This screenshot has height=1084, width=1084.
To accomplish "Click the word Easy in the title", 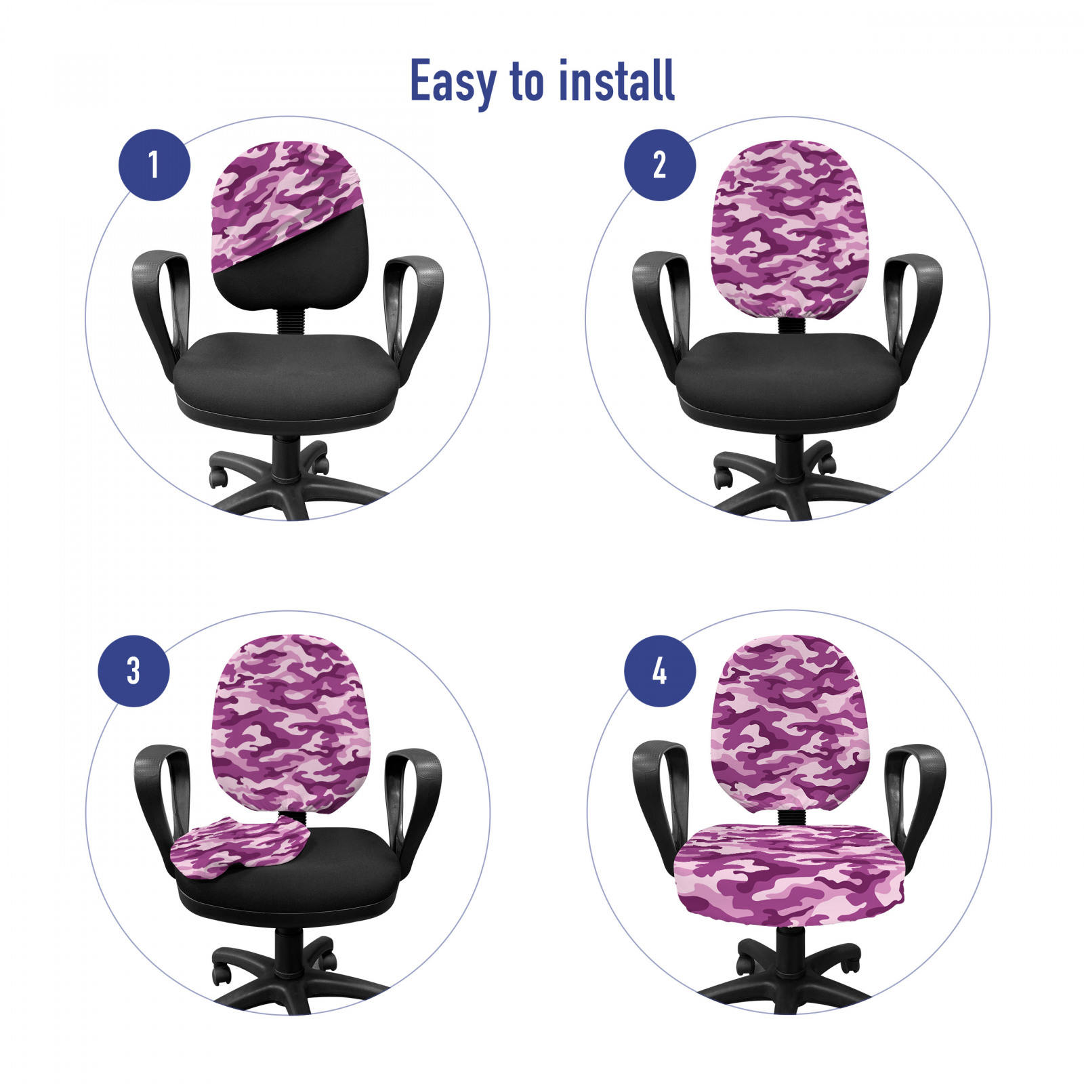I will coord(453,82).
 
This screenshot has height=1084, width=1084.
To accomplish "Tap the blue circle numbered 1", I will coord(154,165).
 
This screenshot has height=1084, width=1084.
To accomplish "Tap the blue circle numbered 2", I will coord(659,165).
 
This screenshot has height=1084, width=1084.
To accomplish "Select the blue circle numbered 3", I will coord(134,671).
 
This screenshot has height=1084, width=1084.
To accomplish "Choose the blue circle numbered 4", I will coord(659,671).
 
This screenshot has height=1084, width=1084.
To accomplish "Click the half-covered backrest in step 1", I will coord(290,224).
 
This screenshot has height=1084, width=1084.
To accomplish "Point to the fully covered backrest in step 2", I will coord(789,227).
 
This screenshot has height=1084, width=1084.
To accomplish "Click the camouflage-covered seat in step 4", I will coord(789,874).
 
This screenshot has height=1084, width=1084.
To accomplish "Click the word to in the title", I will coord(527,82).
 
